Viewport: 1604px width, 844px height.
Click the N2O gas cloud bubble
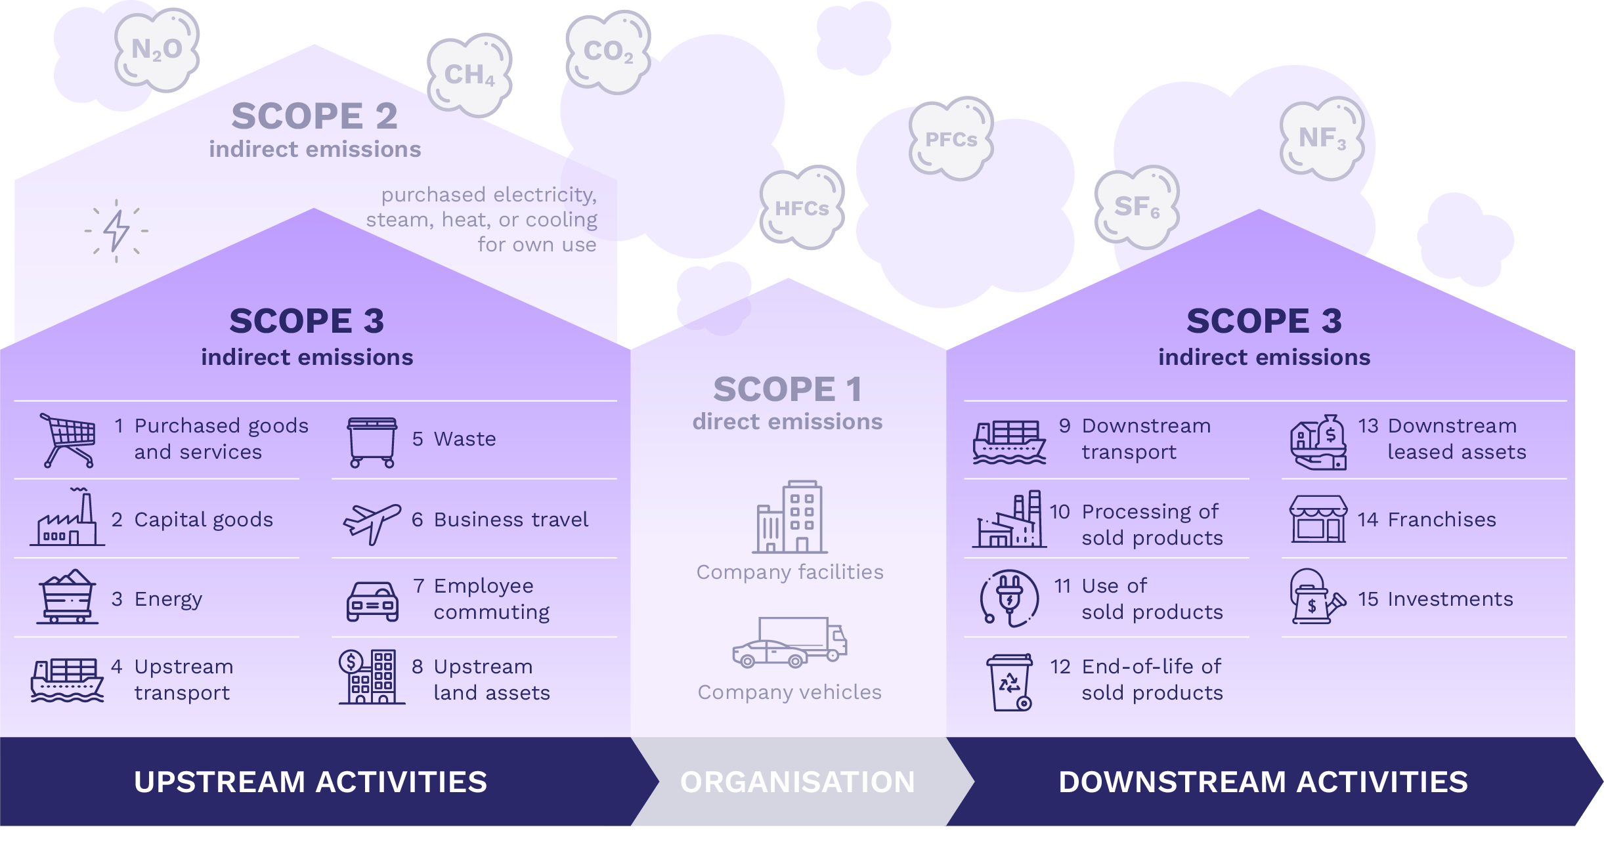(x=157, y=50)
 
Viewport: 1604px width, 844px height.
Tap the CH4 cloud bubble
(x=469, y=75)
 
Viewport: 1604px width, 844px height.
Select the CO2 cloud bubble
(x=609, y=52)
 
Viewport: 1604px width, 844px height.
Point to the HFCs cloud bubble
(x=802, y=208)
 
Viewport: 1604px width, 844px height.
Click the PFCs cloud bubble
(x=951, y=139)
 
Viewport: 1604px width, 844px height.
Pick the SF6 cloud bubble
(x=1137, y=207)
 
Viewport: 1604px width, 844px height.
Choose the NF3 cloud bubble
(x=1322, y=138)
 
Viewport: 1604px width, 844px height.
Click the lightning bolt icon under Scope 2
(x=117, y=230)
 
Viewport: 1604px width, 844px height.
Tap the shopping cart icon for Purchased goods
(x=69, y=440)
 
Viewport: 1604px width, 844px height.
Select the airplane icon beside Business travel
(x=372, y=522)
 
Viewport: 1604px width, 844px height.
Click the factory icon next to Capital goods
(x=67, y=518)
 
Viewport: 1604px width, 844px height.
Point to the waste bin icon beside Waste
(x=372, y=442)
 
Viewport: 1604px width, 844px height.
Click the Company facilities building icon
(x=790, y=517)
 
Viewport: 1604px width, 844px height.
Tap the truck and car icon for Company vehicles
(x=790, y=643)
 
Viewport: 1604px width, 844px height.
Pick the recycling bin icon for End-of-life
(x=1010, y=682)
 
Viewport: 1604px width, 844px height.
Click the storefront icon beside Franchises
(x=1318, y=518)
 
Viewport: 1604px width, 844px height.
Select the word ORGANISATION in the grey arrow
(x=798, y=782)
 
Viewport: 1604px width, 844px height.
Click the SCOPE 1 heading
(x=788, y=389)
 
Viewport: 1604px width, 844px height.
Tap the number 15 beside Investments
(x=1368, y=599)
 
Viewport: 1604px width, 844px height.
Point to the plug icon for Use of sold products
(x=1010, y=598)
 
